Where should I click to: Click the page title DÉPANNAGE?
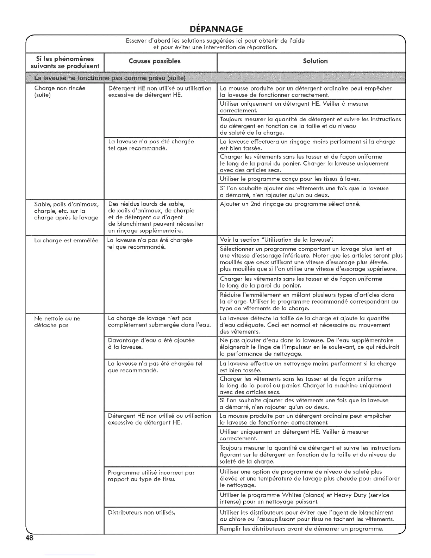click(x=215, y=28)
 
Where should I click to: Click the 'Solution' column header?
click(x=315, y=61)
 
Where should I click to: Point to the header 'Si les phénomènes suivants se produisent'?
click(x=65, y=62)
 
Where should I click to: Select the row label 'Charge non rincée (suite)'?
click(x=60, y=92)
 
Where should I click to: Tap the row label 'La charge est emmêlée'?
click(x=66, y=240)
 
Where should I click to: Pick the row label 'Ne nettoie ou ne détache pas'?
click(x=57, y=322)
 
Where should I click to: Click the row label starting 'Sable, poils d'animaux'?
click(x=66, y=211)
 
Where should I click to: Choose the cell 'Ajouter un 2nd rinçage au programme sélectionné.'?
click(x=290, y=204)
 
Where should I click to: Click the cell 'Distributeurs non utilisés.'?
click(x=142, y=513)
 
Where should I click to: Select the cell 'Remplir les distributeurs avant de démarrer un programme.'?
click(x=301, y=529)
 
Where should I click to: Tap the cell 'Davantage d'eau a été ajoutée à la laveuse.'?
click(x=151, y=343)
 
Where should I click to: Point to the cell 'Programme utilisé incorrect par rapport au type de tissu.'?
click(x=151, y=476)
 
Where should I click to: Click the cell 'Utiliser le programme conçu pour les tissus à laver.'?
click(x=289, y=179)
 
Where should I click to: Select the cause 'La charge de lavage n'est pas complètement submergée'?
click(x=159, y=322)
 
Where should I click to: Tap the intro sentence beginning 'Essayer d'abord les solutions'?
click(x=215, y=44)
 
